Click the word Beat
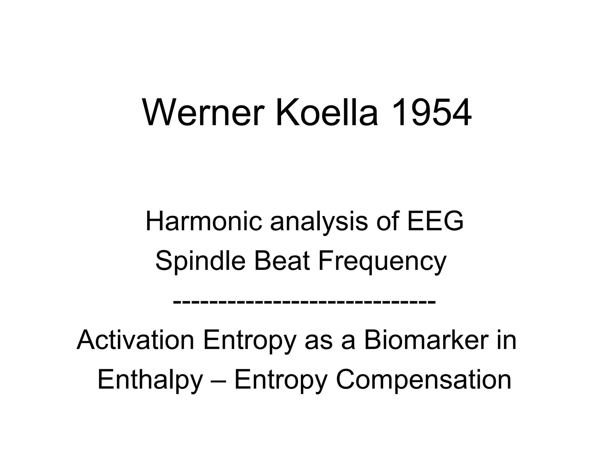(x=282, y=261)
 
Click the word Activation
(x=135, y=340)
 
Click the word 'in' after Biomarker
(x=507, y=340)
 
